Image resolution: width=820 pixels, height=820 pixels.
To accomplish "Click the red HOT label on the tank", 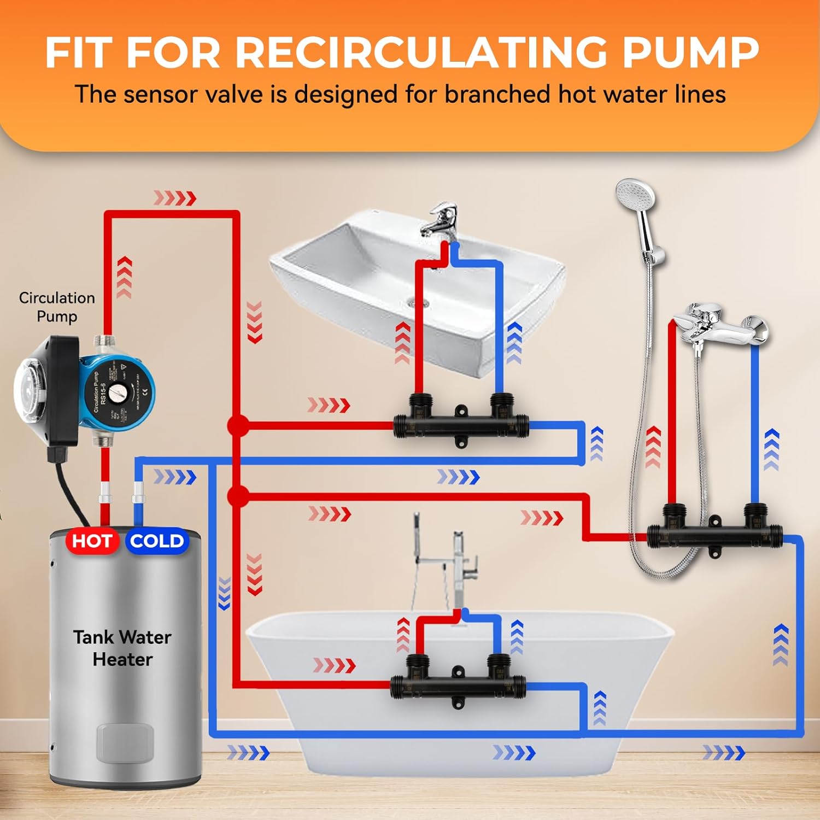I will tap(92, 541).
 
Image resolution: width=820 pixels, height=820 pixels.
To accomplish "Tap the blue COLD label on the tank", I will tap(157, 541).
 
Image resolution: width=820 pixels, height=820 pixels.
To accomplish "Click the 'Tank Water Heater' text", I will tap(122, 648).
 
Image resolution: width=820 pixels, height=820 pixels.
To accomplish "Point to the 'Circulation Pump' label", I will tap(57, 307).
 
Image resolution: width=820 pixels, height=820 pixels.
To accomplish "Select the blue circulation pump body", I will tap(118, 391).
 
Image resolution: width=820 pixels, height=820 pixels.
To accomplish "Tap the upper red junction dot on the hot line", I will tap(237, 425).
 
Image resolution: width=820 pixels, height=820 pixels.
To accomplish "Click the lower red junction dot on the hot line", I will tap(237, 496).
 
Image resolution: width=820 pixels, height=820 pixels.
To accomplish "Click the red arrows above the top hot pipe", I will tap(175, 198).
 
